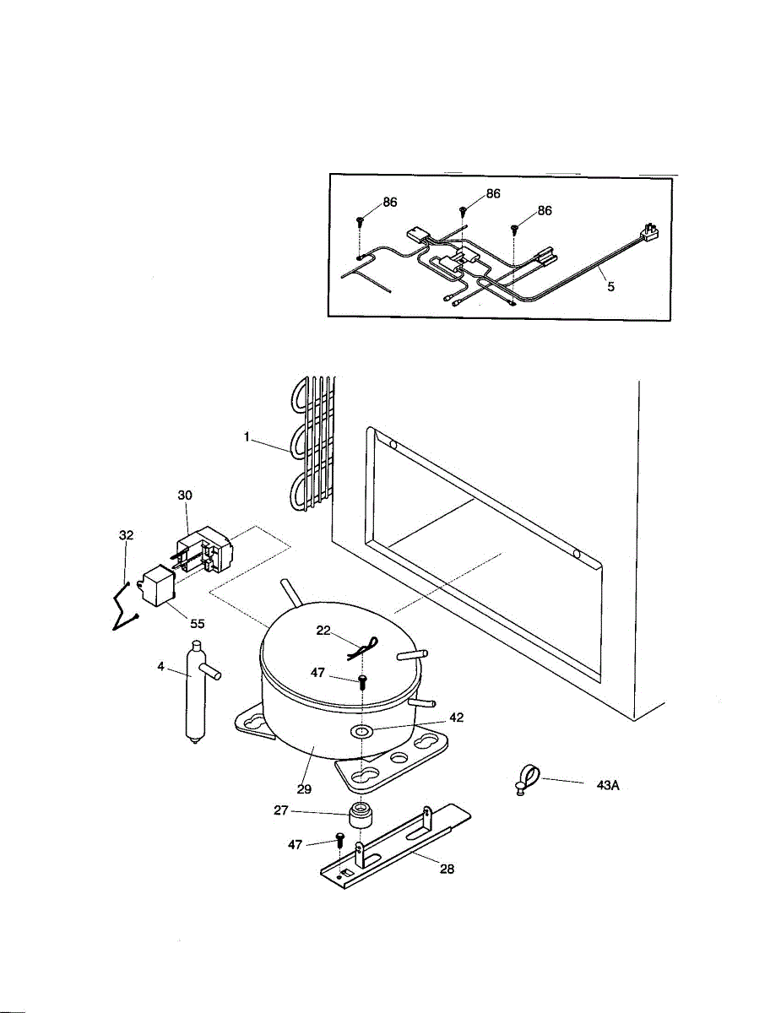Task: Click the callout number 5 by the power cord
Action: (x=610, y=286)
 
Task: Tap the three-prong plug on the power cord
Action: (x=649, y=231)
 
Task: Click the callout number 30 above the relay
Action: (x=186, y=496)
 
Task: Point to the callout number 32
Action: (x=126, y=535)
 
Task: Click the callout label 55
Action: (x=196, y=624)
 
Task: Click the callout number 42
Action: (x=456, y=718)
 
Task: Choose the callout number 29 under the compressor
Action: (x=304, y=788)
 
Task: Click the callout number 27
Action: (x=280, y=809)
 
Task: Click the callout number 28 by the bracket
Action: (x=447, y=869)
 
